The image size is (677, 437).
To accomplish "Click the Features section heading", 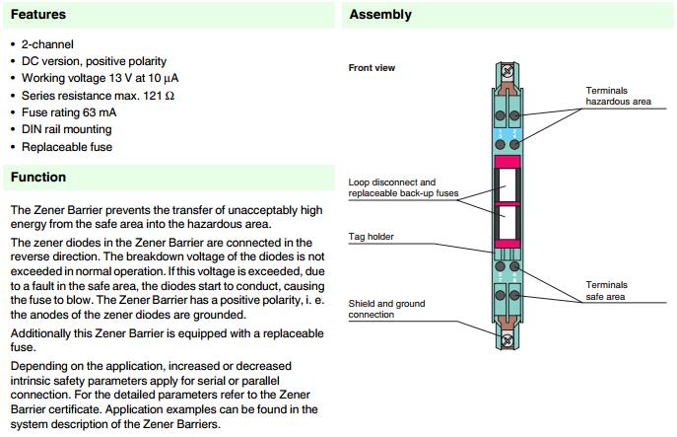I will (38, 15).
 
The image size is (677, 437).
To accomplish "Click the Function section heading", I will (38, 178).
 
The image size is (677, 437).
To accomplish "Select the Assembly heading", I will (380, 15).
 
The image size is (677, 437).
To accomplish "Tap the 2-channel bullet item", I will (49, 45).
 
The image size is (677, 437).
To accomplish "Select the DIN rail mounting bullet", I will (70, 129).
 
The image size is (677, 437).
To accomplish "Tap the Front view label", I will (371, 68).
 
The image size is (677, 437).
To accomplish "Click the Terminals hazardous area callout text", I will (620, 96).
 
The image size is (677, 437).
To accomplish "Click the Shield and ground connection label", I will (386, 309).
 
